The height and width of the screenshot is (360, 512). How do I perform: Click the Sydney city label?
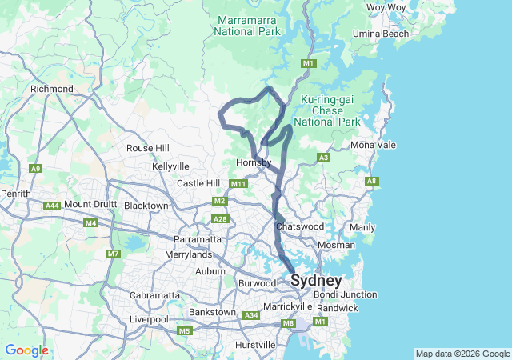point(316,281)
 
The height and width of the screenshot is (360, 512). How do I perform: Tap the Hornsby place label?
point(255,163)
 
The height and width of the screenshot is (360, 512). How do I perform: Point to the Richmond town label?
point(52,89)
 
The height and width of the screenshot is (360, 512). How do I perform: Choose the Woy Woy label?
point(386,7)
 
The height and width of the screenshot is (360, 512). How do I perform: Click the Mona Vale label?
point(373,145)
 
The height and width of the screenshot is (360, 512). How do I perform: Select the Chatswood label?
point(298,227)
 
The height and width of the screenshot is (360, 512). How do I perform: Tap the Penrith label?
point(15,194)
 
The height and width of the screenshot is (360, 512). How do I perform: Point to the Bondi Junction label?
point(346,294)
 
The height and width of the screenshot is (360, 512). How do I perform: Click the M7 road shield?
point(113,254)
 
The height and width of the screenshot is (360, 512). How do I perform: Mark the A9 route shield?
point(35,169)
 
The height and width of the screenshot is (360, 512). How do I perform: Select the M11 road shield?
point(238,184)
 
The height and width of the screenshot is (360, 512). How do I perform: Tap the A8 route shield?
point(371,182)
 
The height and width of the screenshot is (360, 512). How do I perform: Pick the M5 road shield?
point(185,330)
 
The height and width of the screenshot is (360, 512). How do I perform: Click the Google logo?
point(26,350)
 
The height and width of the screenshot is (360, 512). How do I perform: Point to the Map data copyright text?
point(462,354)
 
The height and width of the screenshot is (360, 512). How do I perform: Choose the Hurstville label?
point(257,345)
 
